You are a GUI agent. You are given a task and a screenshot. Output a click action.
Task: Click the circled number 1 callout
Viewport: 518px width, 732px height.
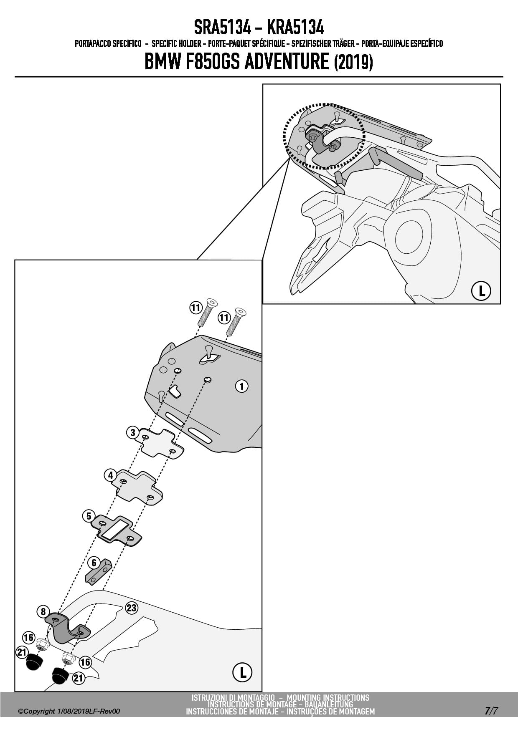[x=241, y=386]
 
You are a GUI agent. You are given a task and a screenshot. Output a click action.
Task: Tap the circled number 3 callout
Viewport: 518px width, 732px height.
[x=132, y=432]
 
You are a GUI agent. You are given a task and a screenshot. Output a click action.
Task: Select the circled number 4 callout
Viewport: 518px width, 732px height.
[x=110, y=475]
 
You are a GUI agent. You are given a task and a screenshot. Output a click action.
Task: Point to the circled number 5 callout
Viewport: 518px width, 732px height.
[x=89, y=516]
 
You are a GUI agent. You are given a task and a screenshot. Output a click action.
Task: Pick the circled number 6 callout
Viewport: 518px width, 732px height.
[x=94, y=563]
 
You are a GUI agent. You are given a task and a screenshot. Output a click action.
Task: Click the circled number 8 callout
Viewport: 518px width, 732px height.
[x=43, y=612]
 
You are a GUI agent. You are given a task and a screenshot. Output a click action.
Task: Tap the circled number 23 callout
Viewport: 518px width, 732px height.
[x=132, y=608]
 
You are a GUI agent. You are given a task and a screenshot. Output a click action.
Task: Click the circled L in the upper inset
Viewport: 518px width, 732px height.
[x=481, y=291]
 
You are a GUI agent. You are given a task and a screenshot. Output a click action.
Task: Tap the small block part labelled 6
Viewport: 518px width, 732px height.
[x=99, y=571]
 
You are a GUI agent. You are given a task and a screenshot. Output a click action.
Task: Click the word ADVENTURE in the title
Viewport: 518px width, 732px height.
[x=287, y=62]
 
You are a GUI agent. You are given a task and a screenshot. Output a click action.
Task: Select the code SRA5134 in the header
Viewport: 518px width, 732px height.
[x=222, y=28]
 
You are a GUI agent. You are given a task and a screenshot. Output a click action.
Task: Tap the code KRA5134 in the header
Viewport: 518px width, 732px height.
[x=295, y=28]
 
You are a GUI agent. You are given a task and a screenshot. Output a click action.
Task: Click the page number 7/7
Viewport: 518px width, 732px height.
[x=491, y=711]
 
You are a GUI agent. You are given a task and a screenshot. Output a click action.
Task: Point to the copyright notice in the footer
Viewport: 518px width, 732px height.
[x=69, y=711]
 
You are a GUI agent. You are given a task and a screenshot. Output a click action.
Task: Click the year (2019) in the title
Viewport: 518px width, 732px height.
[x=353, y=63]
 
